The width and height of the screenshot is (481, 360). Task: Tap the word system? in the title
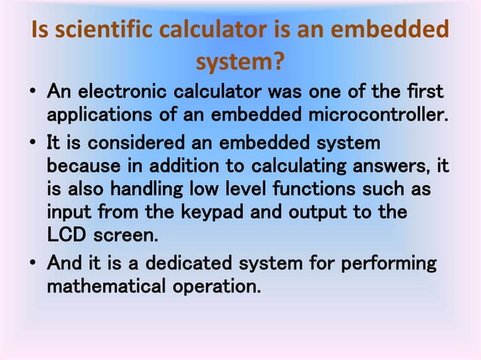coord(240,61)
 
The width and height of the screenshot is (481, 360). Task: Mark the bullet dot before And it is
coord(34,265)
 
